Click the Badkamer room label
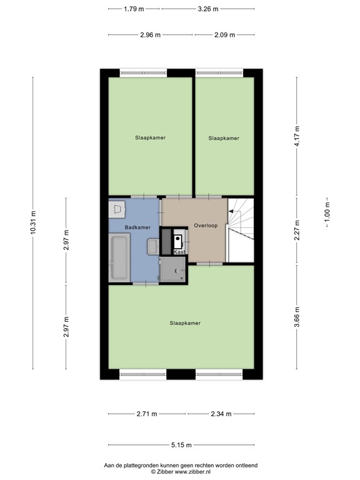coord(137,227)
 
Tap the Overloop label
coord(206,226)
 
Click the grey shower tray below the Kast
coord(173,270)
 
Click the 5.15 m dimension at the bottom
coord(181,445)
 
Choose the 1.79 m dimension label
coord(134,9)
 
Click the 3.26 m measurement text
coord(207,9)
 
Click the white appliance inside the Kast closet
coord(179,239)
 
